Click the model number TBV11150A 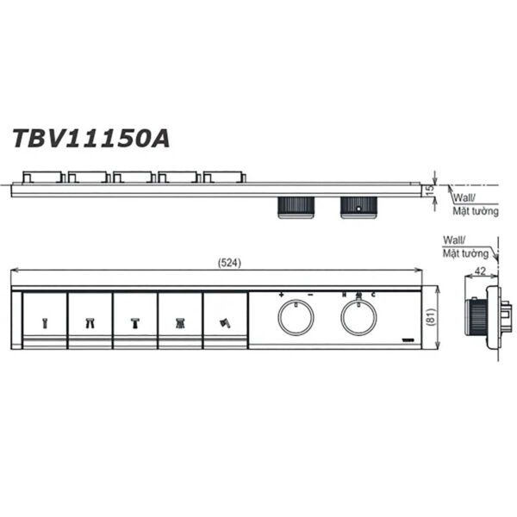90,138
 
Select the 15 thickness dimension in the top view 430,189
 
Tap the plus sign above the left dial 282,295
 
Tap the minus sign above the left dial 309,295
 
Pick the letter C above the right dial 373,295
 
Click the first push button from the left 44,320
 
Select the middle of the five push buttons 134,320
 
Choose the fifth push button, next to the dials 225,320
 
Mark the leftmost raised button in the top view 40,178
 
